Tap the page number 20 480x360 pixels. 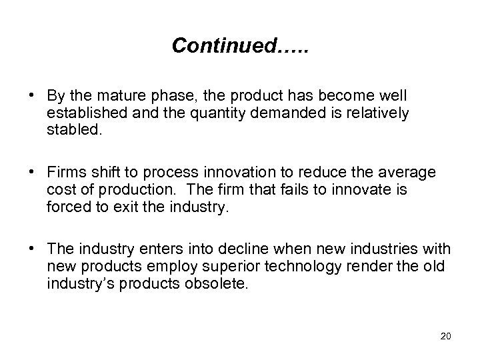[446, 335]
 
